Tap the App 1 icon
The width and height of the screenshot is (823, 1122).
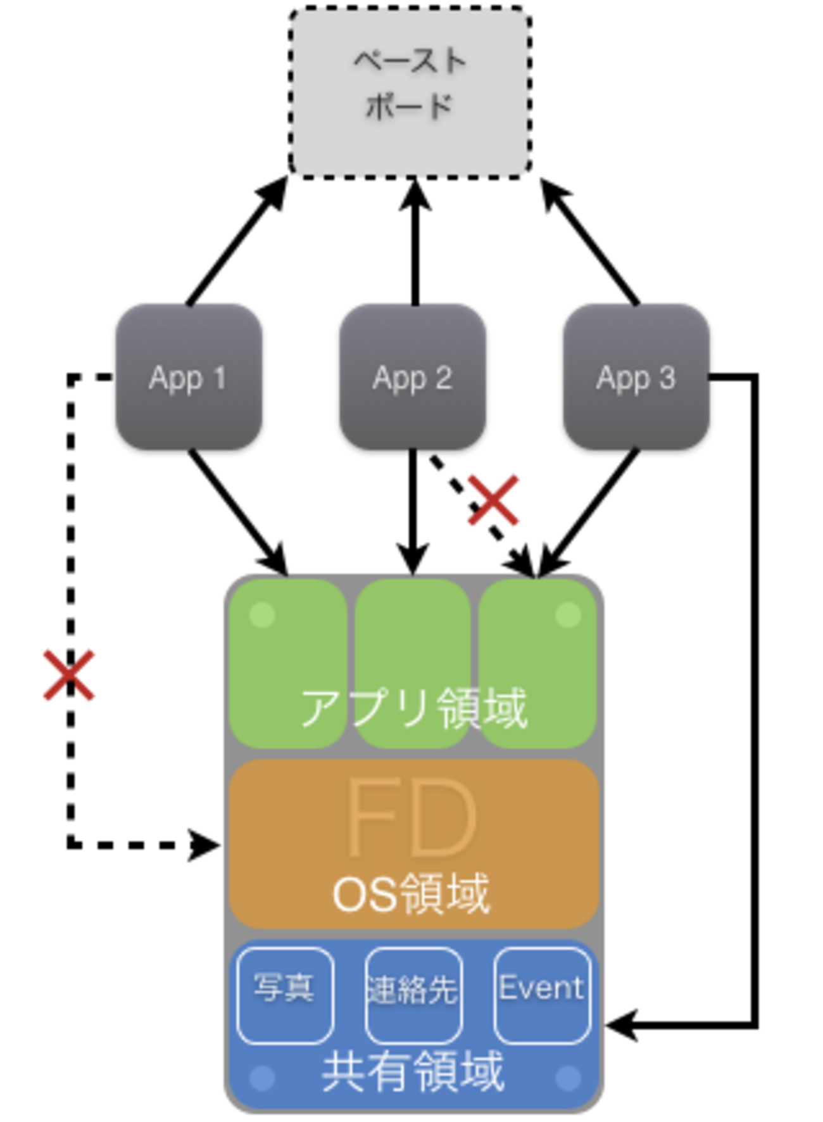pos(188,378)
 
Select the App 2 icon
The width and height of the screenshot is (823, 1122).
pos(412,378)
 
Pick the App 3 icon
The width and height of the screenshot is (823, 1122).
pos(636,378)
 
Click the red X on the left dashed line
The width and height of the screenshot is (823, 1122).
pos(69,675)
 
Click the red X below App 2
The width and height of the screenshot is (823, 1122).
pos(494,500)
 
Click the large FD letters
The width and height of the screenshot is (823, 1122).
pos(411,819)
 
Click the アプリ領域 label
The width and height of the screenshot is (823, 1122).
pos(413,708)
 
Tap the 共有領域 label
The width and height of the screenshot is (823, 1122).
pos(413,1071)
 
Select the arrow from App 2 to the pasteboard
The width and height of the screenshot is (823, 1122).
pos(415,244)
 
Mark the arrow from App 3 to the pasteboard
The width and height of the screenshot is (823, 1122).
pos(590,242)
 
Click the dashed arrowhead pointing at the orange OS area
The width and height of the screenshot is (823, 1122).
pos(206,845)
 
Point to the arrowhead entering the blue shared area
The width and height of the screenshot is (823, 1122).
pos(620,1024)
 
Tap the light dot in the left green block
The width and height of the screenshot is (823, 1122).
pos(263,615)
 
